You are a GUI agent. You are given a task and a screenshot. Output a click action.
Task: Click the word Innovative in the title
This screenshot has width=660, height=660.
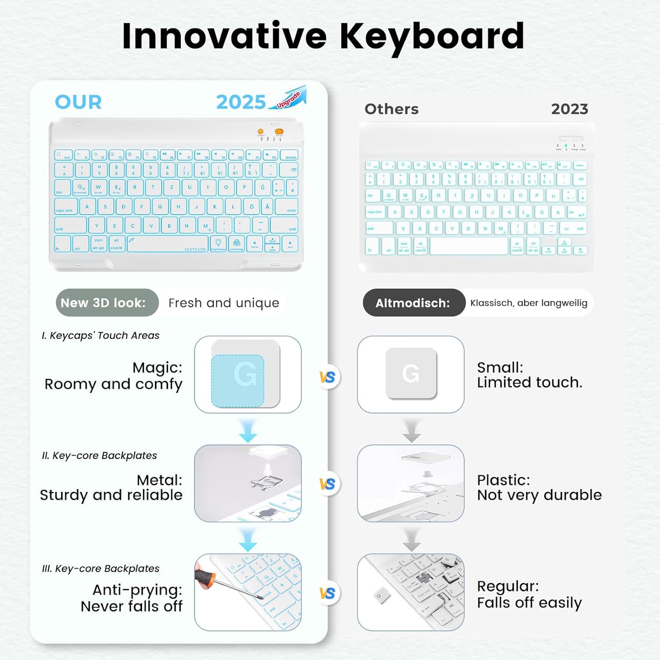pyautogui.click(x=224, y=37)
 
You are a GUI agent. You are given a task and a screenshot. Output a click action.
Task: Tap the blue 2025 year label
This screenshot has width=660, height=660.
pyautogui.click(x=241, y=102)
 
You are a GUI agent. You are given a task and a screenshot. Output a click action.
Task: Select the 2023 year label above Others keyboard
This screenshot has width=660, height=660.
pyautogui.click(x=569, y=109)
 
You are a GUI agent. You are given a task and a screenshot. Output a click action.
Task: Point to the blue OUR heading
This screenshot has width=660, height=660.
pyautogui.click(x=78, y=102)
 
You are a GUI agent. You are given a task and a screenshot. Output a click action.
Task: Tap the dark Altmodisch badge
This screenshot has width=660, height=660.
pyautogui.click(x=413, y=303)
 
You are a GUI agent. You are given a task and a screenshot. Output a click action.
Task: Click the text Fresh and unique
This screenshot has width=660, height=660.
pyautogui.click(x=223, y=303)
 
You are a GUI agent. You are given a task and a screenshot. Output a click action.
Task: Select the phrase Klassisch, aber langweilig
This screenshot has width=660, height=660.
pyautogui.click(x=528, y=303)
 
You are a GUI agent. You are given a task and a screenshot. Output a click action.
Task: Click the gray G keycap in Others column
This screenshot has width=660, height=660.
pyautogui.click(x=411, y=373)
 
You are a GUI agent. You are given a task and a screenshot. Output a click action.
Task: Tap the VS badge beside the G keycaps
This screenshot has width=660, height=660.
pyautogui.click(x=327, y=377)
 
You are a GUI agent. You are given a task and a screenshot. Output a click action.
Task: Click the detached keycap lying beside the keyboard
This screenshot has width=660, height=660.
pyautogui.click(x=380, y=596)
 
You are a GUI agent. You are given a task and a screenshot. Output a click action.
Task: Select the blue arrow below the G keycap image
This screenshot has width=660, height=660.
pyautogui.click(x=248, y=432)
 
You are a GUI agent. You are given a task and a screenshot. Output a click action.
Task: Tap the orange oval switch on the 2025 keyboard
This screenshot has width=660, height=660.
pyautogui.click(x=279, y=132)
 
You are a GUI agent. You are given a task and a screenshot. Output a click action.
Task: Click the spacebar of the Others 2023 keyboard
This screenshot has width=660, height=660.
pyautogui.click(x=469, y=246)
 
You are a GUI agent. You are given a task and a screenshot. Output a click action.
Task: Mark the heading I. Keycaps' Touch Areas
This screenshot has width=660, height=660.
pyautogui.click(x=100, y=335)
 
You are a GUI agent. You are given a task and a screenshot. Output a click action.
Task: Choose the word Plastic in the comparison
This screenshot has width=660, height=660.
pyautogui.click(x=503, y=480)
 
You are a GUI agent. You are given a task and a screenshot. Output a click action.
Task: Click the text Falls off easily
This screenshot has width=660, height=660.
pyautogui.click(x=529, y=603)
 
